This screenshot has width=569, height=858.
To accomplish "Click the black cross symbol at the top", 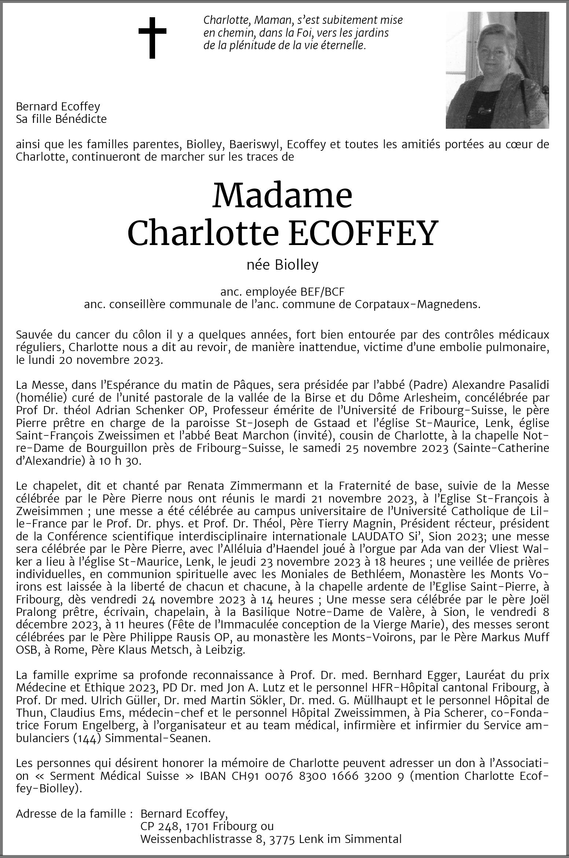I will pos(152,37).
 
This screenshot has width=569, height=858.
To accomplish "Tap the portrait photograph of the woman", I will pos(497,70).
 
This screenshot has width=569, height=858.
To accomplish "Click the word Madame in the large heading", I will pos(282,196).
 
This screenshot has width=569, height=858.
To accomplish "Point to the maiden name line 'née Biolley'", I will pos(282,265).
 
